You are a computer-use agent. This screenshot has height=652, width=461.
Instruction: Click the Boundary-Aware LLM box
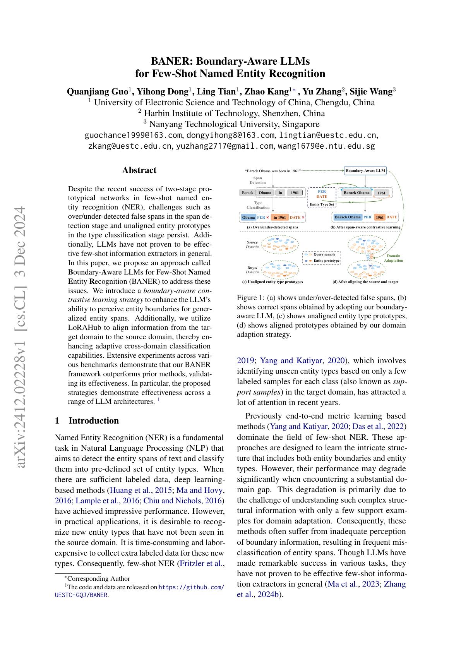(x=365, y=171)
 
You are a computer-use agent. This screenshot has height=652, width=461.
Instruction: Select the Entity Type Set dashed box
(x=322, y=198)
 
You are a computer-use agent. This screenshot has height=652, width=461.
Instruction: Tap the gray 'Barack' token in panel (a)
(x=247, y=193)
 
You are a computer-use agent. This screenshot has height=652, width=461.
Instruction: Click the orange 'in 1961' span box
(x=279, y=218)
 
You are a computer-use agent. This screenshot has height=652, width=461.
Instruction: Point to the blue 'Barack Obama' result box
(x=347, y=217)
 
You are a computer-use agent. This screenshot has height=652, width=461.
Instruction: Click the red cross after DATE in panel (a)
(x=303, y=218)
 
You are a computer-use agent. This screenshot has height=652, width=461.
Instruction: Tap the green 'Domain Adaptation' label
(x=393, y=258)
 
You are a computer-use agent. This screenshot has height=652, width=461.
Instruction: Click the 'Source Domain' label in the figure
(x=252, y=244)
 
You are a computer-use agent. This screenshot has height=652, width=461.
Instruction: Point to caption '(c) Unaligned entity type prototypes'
(x=272, y=282)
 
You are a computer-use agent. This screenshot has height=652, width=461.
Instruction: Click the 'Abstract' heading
(x=139, y=170)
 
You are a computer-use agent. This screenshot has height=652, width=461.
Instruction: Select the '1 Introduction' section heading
(x=87, y=421)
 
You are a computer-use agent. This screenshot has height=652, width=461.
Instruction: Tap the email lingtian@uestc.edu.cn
(x=327, y=135)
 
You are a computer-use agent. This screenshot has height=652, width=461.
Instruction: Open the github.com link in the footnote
(x=191, y=587)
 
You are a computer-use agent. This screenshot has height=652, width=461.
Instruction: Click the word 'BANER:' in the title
(x=172, y=61)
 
